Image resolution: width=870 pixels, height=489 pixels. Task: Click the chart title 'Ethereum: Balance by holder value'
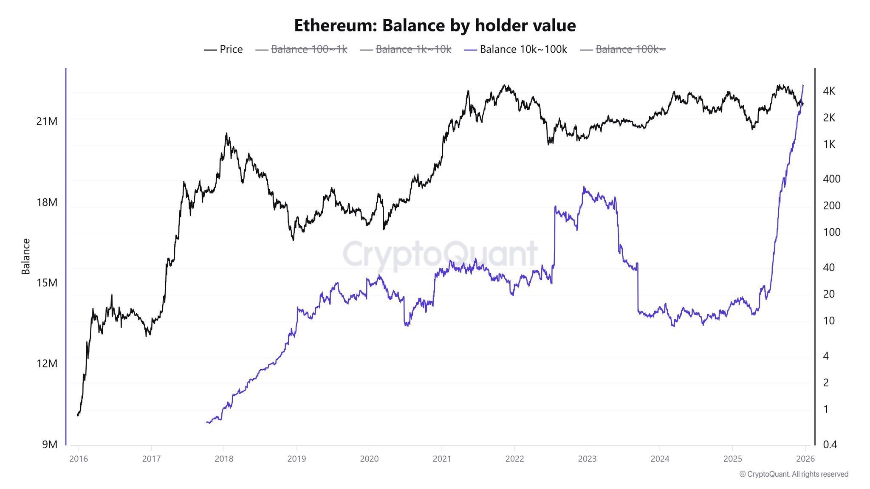point(435,25)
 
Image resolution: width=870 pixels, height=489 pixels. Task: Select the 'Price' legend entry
point(223,49)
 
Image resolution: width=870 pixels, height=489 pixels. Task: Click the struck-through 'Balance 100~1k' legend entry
point(302,49)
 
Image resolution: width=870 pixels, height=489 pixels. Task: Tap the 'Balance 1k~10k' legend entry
point(406,49)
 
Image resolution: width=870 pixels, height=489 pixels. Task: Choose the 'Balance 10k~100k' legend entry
point(516,49)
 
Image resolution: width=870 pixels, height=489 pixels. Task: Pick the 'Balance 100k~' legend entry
point(623,49)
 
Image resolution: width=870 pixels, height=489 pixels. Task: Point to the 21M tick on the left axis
point(47,121)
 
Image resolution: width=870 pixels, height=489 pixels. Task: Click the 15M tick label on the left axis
point(47,283)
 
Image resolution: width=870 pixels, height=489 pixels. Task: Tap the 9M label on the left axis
point(49,444)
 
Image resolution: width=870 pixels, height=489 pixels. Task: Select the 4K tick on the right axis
point(829,91)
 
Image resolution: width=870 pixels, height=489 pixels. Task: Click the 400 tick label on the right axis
point(831,179)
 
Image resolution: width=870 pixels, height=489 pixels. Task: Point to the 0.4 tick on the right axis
point(830,444)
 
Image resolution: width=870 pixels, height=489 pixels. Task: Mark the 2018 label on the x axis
point(224,459)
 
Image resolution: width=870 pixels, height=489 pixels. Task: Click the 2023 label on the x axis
point(587,459)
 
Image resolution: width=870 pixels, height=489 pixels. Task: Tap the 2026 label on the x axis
point(805,459)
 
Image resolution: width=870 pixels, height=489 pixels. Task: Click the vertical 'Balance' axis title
point(26,256)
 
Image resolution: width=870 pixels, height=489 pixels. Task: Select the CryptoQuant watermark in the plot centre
point(440,254)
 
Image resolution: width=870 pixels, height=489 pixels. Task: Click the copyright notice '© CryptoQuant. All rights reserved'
point(794,474)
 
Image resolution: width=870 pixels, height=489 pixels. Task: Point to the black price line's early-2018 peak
point(226,134)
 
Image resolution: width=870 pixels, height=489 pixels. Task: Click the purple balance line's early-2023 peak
point(584,187)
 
